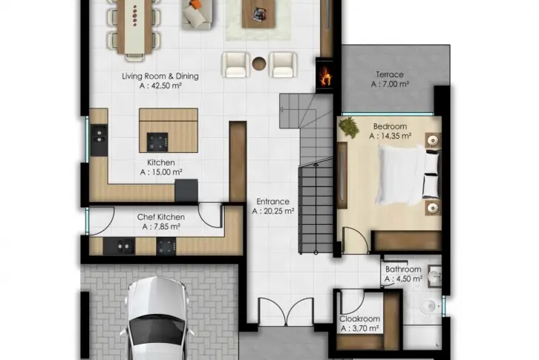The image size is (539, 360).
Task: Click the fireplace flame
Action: click(325, 76)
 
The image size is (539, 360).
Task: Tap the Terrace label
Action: click(390, 74)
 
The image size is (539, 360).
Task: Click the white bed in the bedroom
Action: click(408, 174)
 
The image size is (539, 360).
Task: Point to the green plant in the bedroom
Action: click(348, 128)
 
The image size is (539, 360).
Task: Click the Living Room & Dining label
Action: click(160, 76)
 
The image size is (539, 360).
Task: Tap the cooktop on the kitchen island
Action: click(157, 142)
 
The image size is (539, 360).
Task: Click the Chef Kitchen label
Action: click(161, 217)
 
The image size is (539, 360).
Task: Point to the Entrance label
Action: click(273, 201)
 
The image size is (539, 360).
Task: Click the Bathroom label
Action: click(403, 269)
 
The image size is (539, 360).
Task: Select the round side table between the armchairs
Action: click(259, 63)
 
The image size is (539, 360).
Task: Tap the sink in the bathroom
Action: click(435, 276)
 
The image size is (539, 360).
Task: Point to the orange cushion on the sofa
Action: click(195, 4)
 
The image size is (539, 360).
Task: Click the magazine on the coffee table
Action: click(258, 14)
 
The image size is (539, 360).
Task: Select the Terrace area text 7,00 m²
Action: click(390, 84)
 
